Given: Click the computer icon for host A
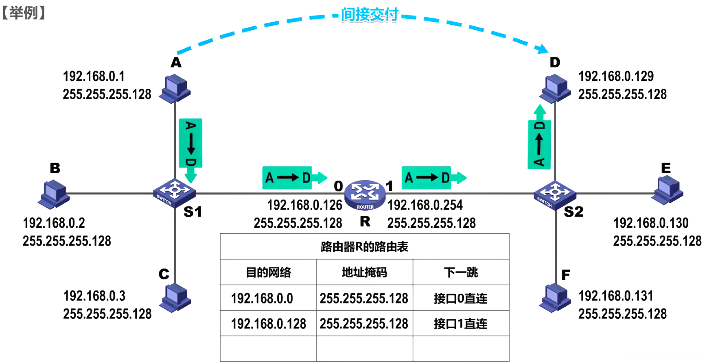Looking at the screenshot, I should pyautogui.click(x=175, y=87).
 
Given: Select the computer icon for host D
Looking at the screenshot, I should pyautogui.click(x=555, y=89).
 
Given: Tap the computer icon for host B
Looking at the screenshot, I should pyautogui.click(x=54, y=194).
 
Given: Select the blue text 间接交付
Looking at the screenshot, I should pyautogui.click(x=369, y=15).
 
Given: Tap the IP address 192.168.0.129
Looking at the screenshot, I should pyautogui.click(x=616, y=76).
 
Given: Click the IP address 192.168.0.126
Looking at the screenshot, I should pyautogui.click(x=304, y=205).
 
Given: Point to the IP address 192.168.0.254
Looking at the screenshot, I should pyautogui.click(x=425, y=205).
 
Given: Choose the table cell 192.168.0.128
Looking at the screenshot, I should pyautogui.click(x=268, y=324).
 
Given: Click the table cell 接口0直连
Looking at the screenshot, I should pyautogui.click(x=460, y=299).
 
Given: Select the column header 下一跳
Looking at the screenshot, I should pyautogui.click(x=461, y=272).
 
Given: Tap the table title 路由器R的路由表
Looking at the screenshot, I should pyautogui.click(x=364, y=247).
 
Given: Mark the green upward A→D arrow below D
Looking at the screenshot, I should pyautogui.click(x=539, y=138).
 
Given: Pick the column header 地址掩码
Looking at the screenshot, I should pyautogui.click(x=364, y=272).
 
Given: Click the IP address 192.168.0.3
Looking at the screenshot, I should pyautogui.click(x=94, y=296).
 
